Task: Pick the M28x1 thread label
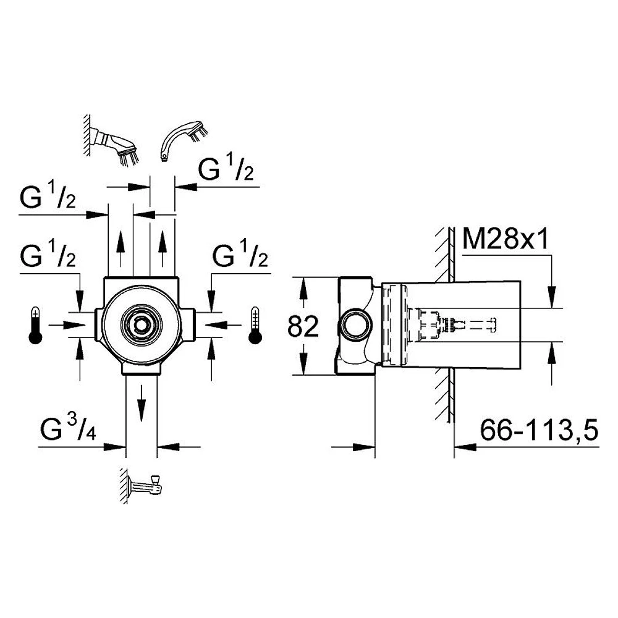(x=505, y=239)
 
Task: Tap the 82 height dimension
(x=303, y=326)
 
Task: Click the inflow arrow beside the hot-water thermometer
(x=67, y=325)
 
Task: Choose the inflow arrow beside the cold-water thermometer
(x=223, y=325)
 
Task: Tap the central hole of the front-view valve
(x=141, y=325)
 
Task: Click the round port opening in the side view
(x=356, y=325)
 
